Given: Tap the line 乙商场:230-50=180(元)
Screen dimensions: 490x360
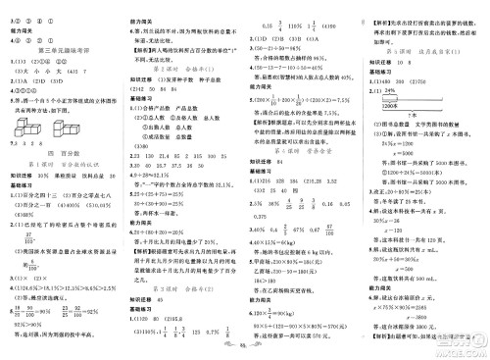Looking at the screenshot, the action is click(290, 246).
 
